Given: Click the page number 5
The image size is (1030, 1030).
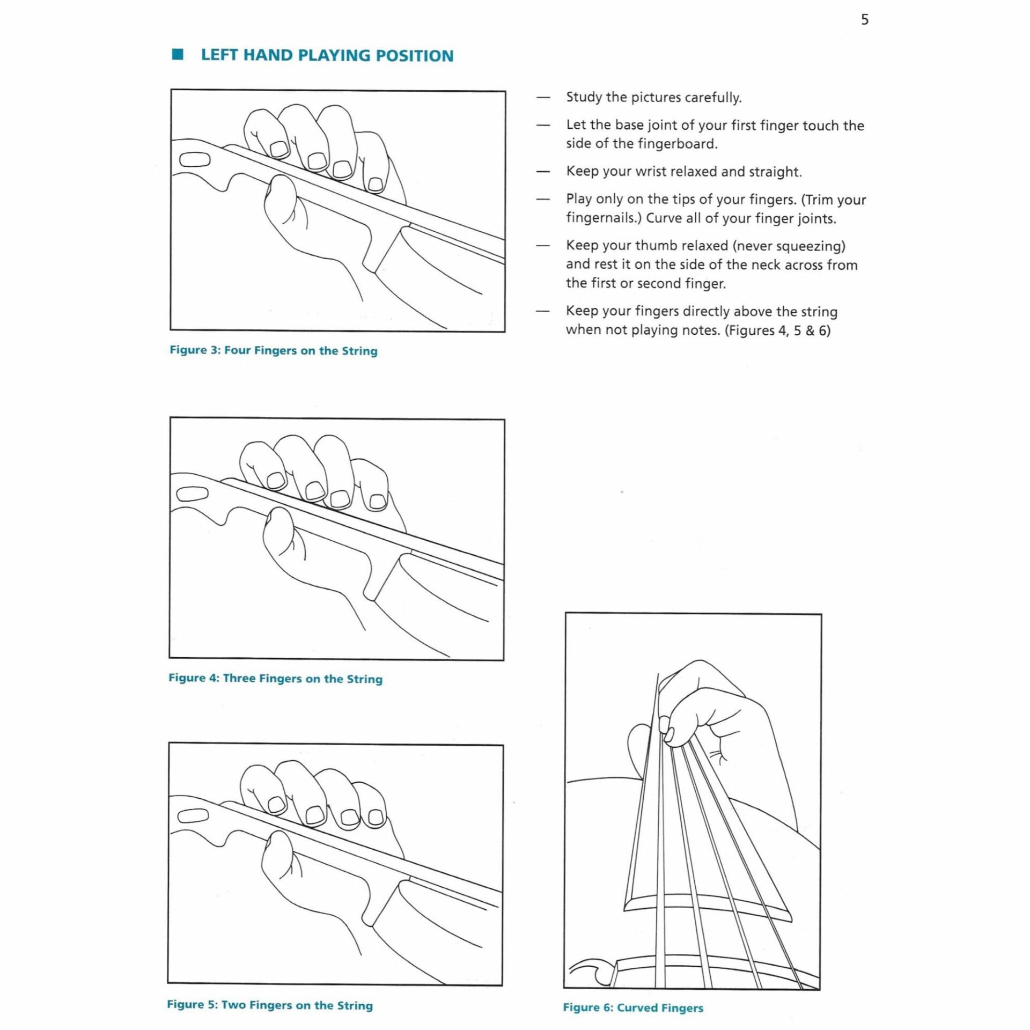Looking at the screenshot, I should coord(864,20).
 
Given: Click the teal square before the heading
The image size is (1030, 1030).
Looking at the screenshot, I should coord(178,55).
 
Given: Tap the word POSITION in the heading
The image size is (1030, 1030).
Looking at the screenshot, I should coord(414,56).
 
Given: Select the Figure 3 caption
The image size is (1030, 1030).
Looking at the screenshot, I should coord(274,351).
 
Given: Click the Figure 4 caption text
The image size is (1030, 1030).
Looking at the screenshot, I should coord(275,679).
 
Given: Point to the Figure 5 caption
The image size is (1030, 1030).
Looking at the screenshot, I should coord(269,1005).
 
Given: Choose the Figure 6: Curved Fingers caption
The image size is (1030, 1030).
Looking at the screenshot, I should coord(632,1007).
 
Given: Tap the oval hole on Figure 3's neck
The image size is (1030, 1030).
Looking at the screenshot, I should coord(194,160).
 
